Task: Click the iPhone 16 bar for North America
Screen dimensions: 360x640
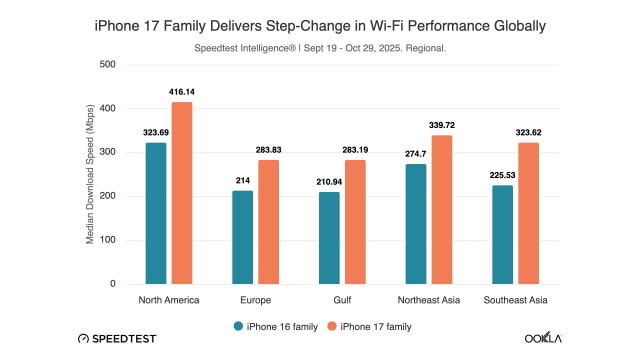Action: click(x=155, y=213)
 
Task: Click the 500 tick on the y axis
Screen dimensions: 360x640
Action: click(x=108, y=64)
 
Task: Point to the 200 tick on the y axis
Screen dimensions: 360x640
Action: click(x=108, y=196)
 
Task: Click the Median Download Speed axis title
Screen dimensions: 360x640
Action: click(x=90, y=174)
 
